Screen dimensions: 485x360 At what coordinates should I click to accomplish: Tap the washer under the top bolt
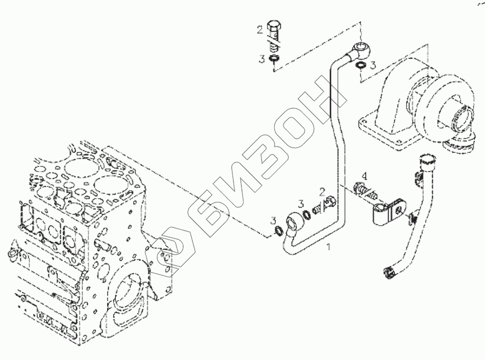coord(273,59)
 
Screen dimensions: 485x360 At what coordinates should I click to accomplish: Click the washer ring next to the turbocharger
coord(359,67)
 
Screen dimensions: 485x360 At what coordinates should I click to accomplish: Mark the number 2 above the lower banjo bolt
coord(321,192)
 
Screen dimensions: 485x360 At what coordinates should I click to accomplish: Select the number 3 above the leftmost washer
coord(273,219)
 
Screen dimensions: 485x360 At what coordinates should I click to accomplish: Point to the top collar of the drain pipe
coord(426,162)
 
